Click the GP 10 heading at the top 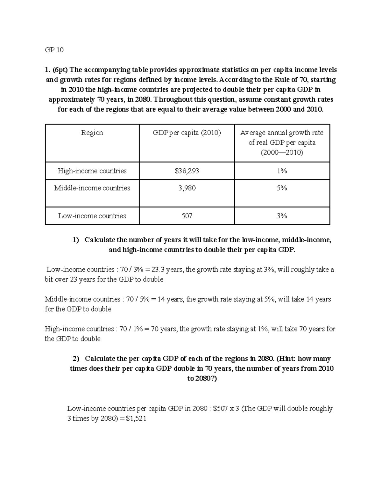[54, 50]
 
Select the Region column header [92, 133]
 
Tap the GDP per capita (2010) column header [187, 133]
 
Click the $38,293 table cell [187, 171]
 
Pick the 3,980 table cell [187, 188]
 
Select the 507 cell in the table [187, 216]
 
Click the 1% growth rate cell [282, 171]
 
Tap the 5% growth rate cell [282, 188]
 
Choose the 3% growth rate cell [282, 216]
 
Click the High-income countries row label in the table [92, 171]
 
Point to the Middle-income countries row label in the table [92, 188]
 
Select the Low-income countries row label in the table [92, 216]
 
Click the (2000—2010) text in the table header [282, 153]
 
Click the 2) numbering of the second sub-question [76, 359]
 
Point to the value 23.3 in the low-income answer [158, 270]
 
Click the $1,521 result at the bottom [136, 419]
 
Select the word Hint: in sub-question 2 [286, 359]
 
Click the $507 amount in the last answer [220, 409]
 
